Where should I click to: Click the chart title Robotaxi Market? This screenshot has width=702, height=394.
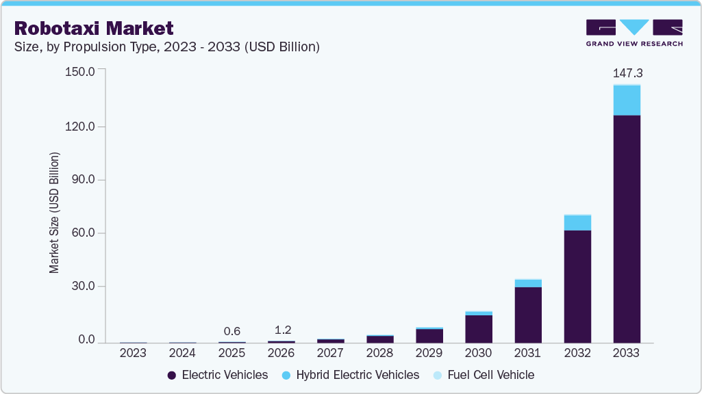94,28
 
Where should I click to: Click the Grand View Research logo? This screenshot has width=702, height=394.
634,32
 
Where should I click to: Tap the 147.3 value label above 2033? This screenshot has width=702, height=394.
627,73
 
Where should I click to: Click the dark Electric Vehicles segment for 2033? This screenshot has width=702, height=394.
627,229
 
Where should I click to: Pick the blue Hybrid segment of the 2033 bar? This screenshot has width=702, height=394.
627,101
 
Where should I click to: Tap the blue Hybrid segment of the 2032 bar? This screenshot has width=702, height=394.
577,223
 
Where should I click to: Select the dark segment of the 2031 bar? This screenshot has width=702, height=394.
528,315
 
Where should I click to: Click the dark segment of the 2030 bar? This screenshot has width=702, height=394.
479,328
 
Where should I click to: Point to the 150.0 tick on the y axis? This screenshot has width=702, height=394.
82,71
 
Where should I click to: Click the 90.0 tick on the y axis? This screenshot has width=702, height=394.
84,180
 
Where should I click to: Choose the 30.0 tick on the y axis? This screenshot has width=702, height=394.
84,287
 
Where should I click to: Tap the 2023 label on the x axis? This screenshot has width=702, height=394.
133,353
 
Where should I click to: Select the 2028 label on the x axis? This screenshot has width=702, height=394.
379,353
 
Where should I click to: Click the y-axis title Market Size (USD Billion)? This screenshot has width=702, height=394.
54,213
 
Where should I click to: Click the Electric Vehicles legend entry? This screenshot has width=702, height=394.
217,375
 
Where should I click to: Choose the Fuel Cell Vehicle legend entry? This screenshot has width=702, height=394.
484,375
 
